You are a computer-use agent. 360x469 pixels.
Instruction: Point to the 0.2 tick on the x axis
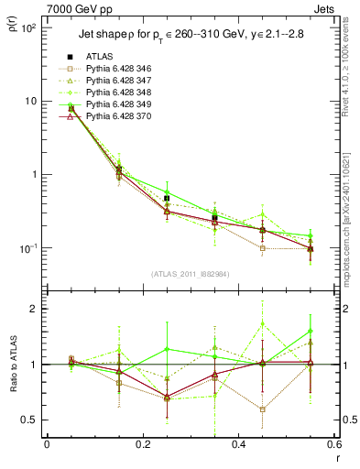[142, 444]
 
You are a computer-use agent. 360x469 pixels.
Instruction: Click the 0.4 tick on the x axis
[237, 444]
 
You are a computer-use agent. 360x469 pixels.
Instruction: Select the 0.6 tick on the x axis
[333, 444]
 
